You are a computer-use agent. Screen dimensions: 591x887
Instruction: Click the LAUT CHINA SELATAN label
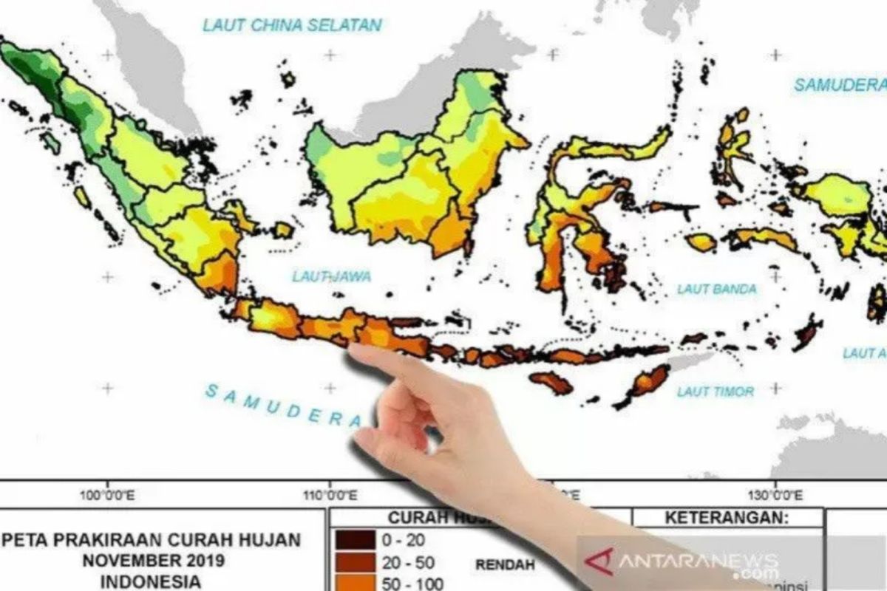292,25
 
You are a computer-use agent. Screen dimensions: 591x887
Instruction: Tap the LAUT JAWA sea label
331,277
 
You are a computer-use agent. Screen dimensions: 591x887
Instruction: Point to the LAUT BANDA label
717,290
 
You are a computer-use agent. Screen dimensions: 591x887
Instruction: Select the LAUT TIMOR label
716,392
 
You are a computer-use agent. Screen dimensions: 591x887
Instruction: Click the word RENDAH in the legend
500,565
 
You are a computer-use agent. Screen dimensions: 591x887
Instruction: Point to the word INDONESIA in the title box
152,581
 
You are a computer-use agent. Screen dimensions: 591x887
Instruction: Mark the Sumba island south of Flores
551,383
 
